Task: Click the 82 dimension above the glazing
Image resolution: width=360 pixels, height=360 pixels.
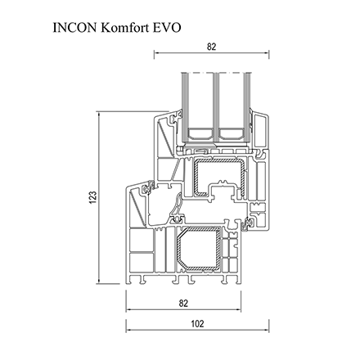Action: point(211,47)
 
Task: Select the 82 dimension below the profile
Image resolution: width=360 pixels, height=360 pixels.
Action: point(183,304)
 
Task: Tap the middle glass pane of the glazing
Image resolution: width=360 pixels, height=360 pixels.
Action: point(214,106)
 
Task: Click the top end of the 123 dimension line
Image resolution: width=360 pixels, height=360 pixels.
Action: point(100,114)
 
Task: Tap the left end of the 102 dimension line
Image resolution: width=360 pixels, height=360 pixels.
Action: point(127,331)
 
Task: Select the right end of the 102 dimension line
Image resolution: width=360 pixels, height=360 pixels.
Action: point(269,331)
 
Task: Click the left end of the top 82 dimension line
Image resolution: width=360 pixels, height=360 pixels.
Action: point(155,55)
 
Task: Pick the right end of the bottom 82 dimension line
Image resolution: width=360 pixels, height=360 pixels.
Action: point(241,311)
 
